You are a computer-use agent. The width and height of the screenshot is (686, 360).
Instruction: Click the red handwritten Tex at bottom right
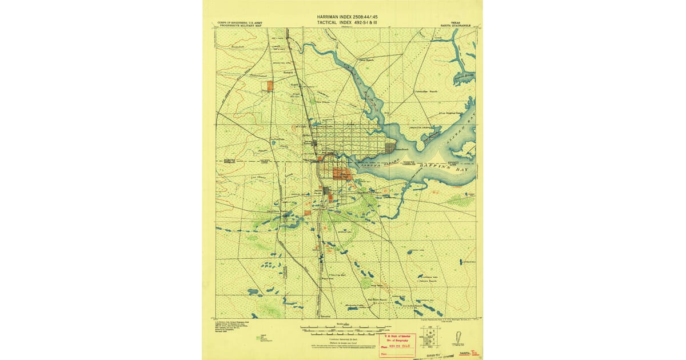click(x=473, y=354)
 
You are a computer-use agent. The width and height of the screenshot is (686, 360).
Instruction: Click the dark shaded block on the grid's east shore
click(x=390, y=147)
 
